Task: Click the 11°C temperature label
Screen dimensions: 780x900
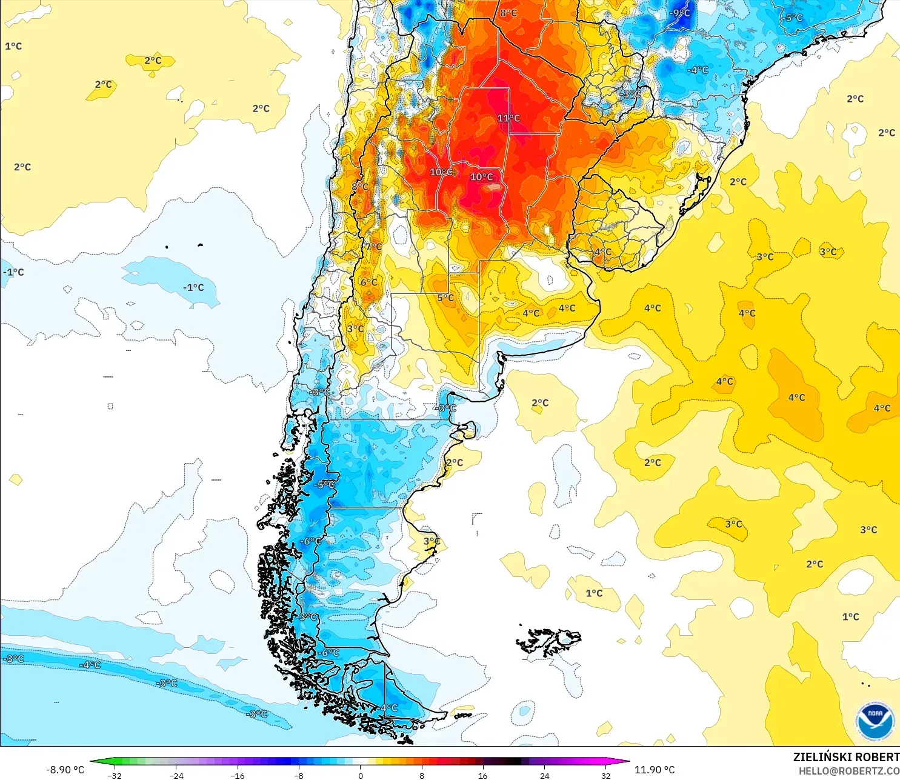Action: [508, 118]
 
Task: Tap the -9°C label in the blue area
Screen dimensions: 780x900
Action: [679, 13]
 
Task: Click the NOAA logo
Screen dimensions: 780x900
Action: [875, 721]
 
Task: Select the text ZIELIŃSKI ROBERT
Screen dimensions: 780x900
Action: [846, 757]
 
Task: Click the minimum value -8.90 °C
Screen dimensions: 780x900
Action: [65, 770]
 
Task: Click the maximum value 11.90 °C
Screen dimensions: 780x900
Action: [655, 770]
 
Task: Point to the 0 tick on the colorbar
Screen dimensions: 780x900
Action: [361, 775]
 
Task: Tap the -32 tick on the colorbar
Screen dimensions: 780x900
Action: [114, 775]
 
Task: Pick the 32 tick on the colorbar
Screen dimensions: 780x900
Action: [605, 775]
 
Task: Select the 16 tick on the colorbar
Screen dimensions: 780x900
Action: [483, 775]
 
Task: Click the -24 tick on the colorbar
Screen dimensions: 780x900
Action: [176, 775]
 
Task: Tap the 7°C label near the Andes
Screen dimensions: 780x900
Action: [373, 247]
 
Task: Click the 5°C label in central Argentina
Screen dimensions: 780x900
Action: [445, 298]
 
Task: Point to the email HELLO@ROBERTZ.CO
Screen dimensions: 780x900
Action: [848, 771]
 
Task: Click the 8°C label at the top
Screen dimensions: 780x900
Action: [508, 13]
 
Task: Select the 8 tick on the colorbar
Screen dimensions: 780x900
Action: [422, 775]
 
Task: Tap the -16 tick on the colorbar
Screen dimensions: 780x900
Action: [238, 775]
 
